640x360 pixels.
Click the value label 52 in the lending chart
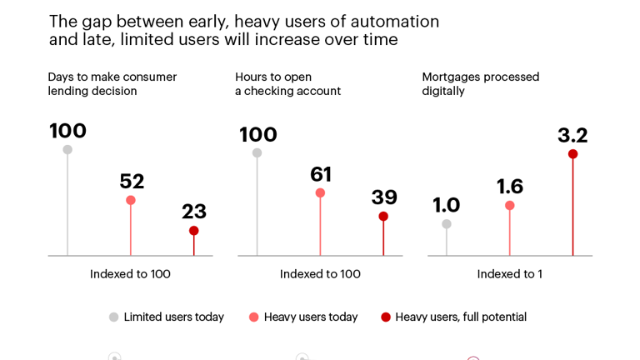132,181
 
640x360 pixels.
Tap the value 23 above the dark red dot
194,212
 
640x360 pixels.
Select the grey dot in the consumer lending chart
67,150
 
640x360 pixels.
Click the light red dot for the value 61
320,192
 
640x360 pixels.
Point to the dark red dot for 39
383,217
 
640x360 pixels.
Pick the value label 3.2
572,135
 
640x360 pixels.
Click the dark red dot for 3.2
572,154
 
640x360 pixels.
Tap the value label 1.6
510,186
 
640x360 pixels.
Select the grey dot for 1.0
447,224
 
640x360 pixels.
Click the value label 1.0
447,204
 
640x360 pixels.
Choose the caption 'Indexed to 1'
509,274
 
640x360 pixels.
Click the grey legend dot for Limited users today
114,317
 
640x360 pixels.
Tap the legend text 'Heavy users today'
311,317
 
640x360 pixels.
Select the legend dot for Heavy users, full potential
386,317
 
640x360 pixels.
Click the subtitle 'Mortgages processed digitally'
480,83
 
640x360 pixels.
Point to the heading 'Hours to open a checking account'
287,83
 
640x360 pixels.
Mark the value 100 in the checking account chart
258,134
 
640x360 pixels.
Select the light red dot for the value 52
131,200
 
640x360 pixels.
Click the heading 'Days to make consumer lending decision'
112,83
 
